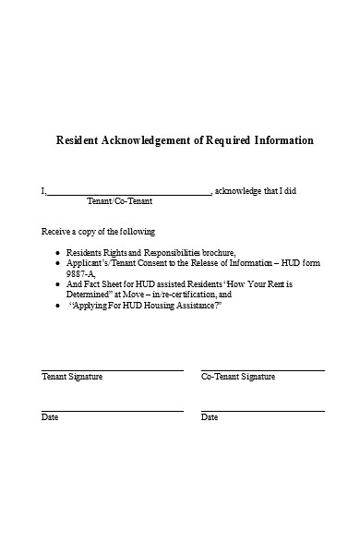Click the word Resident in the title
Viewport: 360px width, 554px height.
[80, 141]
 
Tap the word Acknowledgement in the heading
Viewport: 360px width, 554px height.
[156, 141]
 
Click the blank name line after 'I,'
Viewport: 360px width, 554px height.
[128, 193]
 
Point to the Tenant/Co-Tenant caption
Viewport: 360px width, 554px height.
[119, 201]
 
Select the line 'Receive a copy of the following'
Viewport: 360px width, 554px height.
[99, 231]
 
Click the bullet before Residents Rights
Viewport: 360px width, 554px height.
[58, 253]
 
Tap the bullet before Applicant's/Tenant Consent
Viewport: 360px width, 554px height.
[58, 263]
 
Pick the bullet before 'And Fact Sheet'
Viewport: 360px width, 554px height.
[58, 284]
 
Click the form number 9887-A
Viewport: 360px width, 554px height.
[80, 273]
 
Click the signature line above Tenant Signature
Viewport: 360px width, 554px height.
[112, 369]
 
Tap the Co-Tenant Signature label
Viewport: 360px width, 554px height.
[238, 377]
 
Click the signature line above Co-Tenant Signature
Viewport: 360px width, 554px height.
[262, 369]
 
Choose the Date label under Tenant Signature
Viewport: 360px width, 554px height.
[50, 417]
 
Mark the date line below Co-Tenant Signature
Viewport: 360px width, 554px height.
[262, 410]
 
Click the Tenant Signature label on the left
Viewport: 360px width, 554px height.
[72, 377]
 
